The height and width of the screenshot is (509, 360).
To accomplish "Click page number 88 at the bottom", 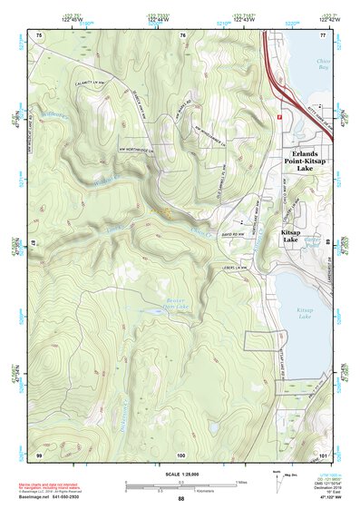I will (x=180, y=499).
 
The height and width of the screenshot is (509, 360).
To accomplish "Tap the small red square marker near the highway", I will (x=280, y=116).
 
